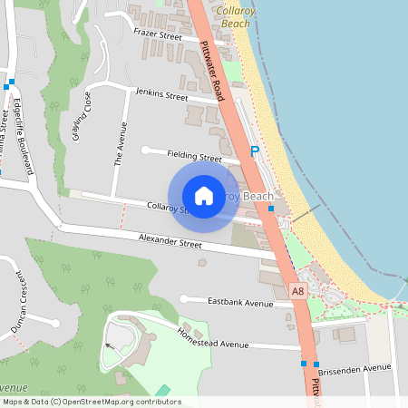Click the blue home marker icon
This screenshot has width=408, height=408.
(204, 196)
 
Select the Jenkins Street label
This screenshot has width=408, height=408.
(160, 94)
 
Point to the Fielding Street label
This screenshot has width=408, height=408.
(193, 156)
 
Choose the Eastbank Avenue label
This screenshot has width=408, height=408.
(239, 302)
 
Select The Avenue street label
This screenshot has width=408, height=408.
(117, 144)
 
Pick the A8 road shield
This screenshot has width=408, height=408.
(297, 291)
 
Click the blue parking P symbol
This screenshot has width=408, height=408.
(255, 152)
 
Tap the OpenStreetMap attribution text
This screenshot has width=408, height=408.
(91, 402)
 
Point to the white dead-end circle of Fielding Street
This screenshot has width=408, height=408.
(145, 150)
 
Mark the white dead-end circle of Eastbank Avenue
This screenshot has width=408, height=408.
(183, 298)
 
